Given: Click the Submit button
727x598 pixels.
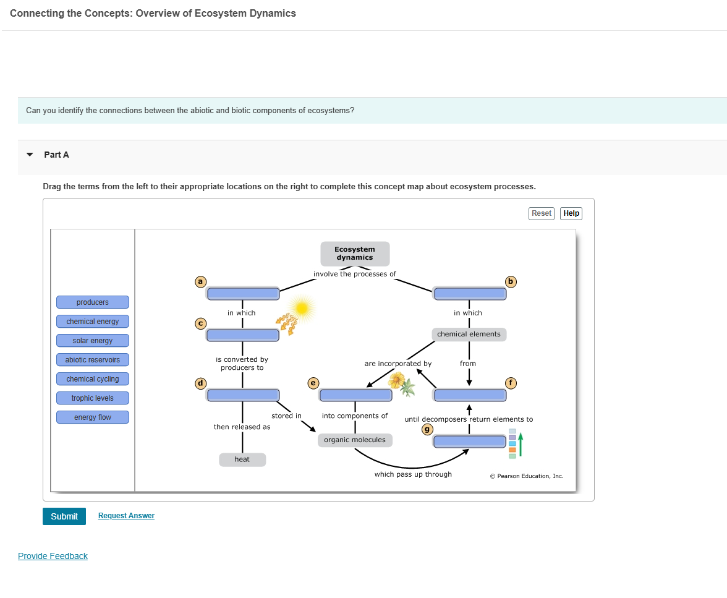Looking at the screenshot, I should (x=64, y=516).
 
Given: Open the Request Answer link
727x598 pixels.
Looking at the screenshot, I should (x=126, y=516).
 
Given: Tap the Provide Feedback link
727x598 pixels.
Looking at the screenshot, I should (x=53, y=556).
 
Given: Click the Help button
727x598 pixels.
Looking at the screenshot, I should (x=571, y=213).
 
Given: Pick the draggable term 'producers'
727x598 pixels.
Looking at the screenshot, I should (x=93, y=302).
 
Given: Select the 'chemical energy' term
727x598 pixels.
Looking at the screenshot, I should (x=93, y=322).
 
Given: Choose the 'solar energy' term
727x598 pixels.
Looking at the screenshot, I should (x=93, y=341).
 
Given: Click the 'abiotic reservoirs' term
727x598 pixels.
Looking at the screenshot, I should (x=93, y=360).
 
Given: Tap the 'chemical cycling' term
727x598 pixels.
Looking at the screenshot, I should (x=93, y=379).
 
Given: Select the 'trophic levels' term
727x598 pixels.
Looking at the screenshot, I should (x=93, y=398).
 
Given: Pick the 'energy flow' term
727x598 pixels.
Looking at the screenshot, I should (x=93, y=417).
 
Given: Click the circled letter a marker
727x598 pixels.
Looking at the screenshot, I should (x=200, y=282).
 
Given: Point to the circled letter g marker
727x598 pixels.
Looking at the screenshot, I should (x=426, y=429).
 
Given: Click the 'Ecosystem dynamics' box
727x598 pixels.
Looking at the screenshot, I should (x=355, y=254).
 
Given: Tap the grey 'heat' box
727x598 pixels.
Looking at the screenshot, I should (x=242, y=459).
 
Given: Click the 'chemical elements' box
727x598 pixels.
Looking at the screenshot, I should (x=469, y=335).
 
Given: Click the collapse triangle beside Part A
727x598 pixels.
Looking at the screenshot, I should (x=29, y=155).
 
